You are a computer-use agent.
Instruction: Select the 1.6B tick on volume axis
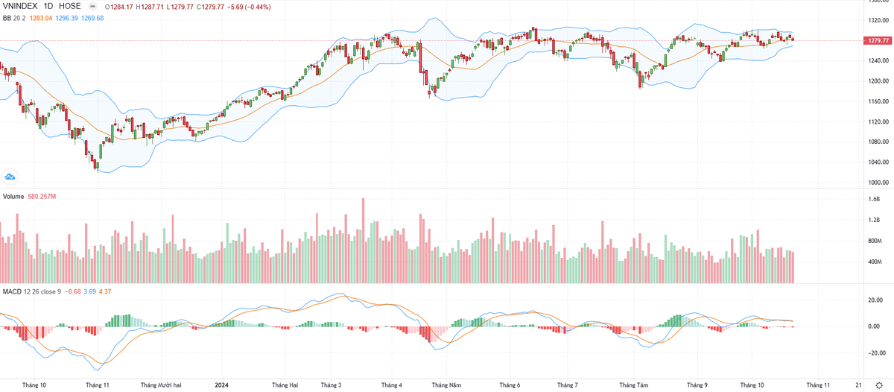[874, 199]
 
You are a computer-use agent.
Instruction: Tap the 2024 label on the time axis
[221, 385]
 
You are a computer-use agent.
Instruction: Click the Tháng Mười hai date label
[182, 385]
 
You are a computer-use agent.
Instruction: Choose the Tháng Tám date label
[634, 385]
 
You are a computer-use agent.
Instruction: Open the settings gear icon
[880, 385]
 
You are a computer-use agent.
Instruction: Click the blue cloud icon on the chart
[10, 176]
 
